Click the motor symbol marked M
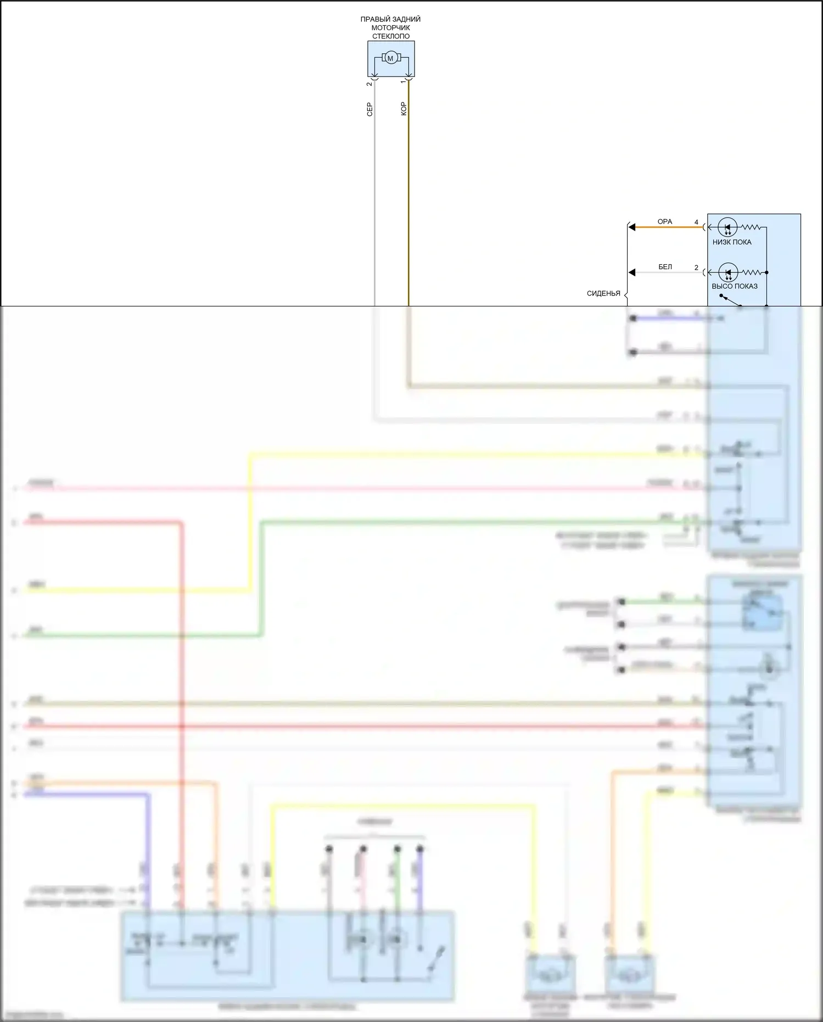(x=390, y=58)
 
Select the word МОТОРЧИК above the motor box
(x=390, y=27)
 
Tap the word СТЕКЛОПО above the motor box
(x=390, y=36)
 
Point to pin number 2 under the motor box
(x=369, y=84)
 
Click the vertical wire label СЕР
(x=369, y=109)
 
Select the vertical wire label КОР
(x=404, y=109)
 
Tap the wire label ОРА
(x=664, y=221)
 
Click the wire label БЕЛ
(x=665, y=267)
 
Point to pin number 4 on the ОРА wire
(x=696, y=222)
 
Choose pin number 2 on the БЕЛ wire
(x=696, y=268)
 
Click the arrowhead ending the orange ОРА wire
(x=632, y=227)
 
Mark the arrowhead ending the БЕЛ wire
(x=632, y=272)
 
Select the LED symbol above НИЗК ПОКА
(x=727, y=227)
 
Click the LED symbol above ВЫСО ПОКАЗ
(x=728, y=272)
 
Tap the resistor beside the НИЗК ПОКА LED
(x=751, y=227)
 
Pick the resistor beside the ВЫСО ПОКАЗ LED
(x=752, y=272)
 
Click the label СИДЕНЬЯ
(x=603, y=293)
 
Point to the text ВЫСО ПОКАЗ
(x=734, y=286)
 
